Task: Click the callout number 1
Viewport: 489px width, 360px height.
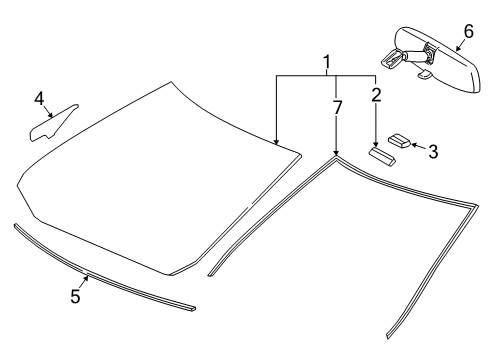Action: pyautogui.click(x=325, y=64)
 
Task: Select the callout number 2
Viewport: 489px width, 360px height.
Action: pyautogui.click(x=377, y=95)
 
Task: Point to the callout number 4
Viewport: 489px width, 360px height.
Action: pyautogui.click(x=39, y=98)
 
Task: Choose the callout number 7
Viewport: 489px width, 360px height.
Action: pyautogui.click(x=336, y=107)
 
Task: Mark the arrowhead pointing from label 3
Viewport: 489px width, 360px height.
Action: pyautogui.click(x=411, y=145)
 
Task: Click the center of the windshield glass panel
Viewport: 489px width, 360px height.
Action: pyautogui.click(x=160, y=180)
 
